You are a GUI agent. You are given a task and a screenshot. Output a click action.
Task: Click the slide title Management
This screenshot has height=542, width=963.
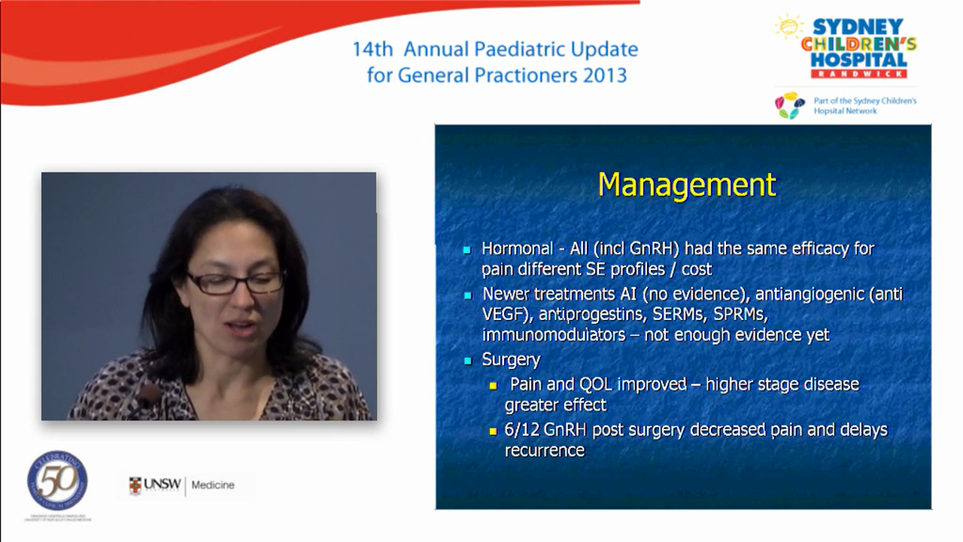click(x=686, y=185)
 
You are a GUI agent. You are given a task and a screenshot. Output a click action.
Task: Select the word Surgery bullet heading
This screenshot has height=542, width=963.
click(x=511, y=360)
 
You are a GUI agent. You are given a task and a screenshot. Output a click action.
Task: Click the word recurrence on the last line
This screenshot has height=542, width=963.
click(x=544, y=450)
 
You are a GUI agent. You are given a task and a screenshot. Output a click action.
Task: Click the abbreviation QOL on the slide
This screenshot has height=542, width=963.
click(x=597, y=384)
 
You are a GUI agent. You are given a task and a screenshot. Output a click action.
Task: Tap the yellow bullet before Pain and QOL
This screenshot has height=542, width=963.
click(x=494, y=385)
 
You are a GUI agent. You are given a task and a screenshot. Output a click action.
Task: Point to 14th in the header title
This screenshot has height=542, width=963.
click(x=372, y=50)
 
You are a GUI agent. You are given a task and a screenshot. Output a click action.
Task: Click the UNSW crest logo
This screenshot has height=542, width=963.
click(x=135, y=486)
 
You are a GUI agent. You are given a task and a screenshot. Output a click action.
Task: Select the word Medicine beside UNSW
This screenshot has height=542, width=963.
click(x=213, y=486)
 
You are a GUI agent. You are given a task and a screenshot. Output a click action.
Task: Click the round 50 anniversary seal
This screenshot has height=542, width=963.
click(x=57, y=481)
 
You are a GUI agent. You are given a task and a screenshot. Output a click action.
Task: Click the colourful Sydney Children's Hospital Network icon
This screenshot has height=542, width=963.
click(x=790, y=105)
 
